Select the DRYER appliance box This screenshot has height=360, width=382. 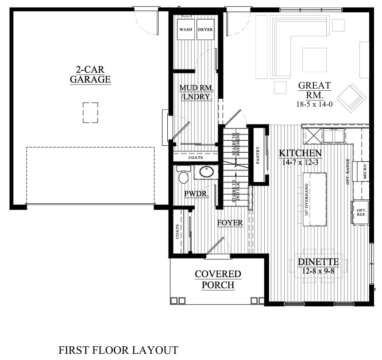click(205, 30)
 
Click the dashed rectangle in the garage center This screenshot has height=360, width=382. click(90, 112)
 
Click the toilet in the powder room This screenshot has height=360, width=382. click(184, 175)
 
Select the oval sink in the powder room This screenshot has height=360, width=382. click(205, 171)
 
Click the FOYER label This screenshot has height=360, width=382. click(230, 223)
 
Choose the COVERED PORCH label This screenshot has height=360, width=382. click(218, 279)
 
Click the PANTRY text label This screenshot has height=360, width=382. click(257, 155)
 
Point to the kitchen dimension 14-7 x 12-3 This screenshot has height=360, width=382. click(300, 162)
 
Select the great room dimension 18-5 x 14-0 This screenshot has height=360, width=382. click(314, 105)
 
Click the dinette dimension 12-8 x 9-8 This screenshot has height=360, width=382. click(318, 270)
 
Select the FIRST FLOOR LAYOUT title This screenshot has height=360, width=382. click(118, 350)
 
